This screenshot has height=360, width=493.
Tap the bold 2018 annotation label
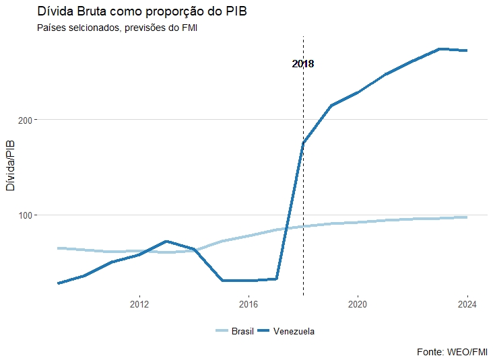(x=303, y=64)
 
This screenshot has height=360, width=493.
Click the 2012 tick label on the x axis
(x=139, y=303)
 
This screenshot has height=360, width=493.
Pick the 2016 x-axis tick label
(x=249, y=303)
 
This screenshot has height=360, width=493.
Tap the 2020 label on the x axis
(x=358, y=303)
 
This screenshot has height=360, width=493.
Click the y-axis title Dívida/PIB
(x=10, y=165)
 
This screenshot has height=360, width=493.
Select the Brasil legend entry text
(x=242, y=331)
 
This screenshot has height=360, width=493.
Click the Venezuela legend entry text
(x=294, y=331)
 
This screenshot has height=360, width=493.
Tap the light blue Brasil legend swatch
(x=222, y=331)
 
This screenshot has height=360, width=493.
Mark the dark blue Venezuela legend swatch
(x=264, y=331)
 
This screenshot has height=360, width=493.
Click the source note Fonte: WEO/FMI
(x=452, y=351)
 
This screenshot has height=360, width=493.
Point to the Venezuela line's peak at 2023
(x=439, y=49)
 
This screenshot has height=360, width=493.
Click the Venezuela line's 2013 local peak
(x=166, y=241)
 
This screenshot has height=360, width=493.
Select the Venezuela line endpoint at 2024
(x=466, y=50)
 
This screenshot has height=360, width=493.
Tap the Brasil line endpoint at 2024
(x=466, y=217)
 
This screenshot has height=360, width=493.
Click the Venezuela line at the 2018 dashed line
(x=303, y=143)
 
